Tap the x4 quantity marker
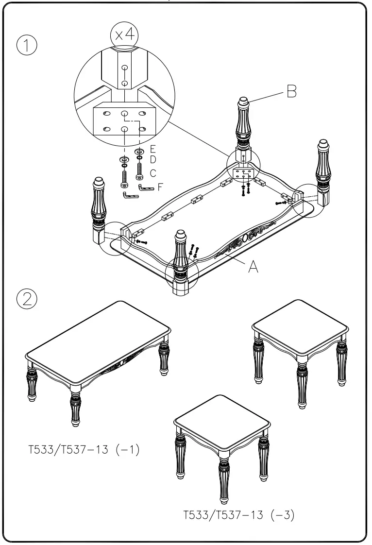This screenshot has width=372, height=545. click(124, 34)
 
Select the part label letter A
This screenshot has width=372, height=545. click(253, 266)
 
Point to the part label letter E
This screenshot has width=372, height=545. click(152, 149)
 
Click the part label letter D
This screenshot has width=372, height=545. click(152, 159)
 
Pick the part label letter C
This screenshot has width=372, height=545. click(152, 173)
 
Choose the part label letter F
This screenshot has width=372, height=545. click(160, 186)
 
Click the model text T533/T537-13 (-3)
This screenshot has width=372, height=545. click(238, 515)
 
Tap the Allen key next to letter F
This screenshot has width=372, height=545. click(146, 187)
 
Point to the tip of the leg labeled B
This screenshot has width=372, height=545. click(243, 102)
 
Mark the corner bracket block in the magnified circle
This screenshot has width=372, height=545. click(124, 121)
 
